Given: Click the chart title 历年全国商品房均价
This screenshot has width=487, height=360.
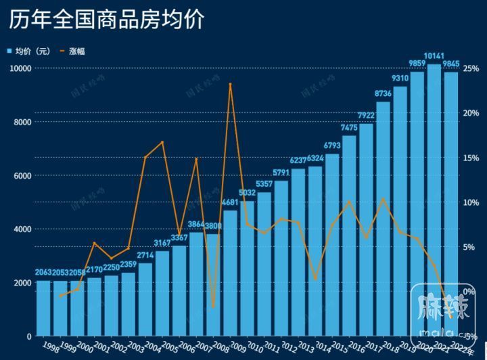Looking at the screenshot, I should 106,19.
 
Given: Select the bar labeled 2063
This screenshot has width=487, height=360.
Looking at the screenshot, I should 44,308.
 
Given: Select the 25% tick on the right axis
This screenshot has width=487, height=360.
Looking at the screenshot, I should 471,68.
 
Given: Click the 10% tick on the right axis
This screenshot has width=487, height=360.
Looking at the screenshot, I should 471,202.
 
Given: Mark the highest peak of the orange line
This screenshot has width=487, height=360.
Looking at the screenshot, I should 231,84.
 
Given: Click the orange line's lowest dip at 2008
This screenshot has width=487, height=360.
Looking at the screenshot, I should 214,307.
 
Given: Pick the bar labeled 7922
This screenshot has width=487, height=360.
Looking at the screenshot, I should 366,229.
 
